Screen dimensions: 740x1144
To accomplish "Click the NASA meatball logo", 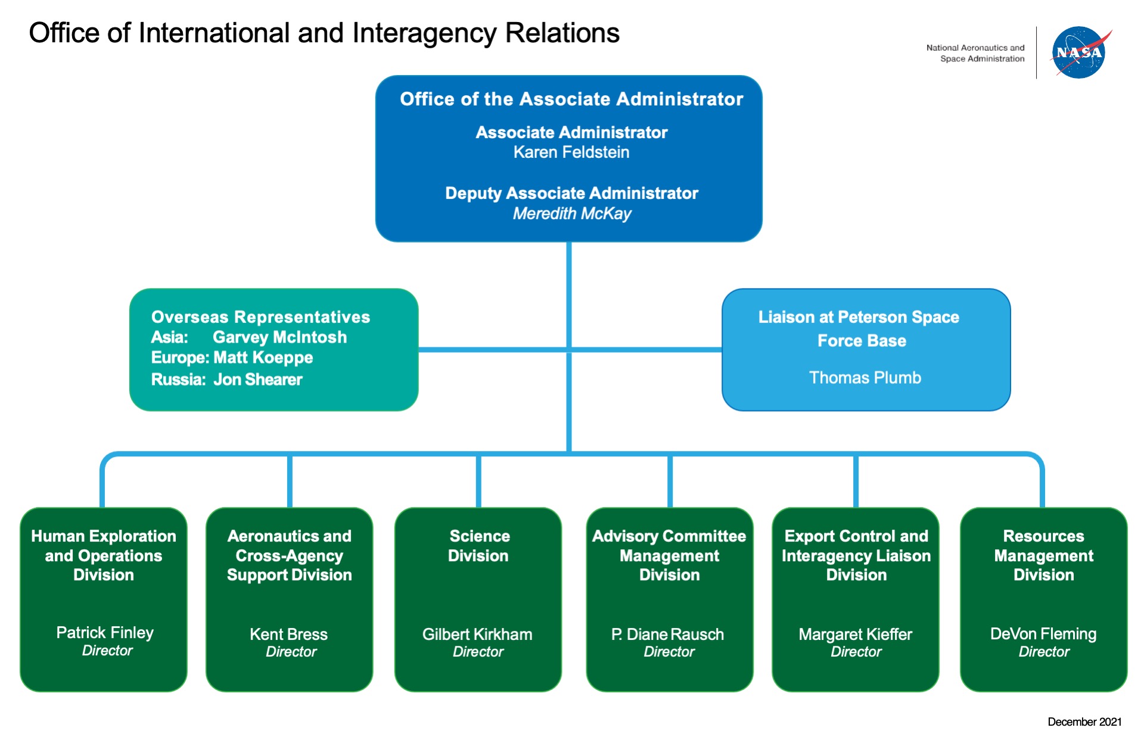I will [x=1078, y=52].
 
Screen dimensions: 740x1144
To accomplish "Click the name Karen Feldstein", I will [x=571, y=153].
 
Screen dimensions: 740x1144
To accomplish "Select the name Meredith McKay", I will [x=571, y=213].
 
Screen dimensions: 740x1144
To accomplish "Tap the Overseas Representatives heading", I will [x=260, y=317].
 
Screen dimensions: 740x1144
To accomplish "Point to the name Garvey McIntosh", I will [x=279, y=337].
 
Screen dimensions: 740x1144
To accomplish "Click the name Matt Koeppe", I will [x=263, y=357].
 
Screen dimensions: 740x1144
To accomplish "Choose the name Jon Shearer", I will [x=257, y=380].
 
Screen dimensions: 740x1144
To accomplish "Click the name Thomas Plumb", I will [x=865, y=378].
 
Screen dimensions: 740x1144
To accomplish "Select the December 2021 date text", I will [x=1084, y=722].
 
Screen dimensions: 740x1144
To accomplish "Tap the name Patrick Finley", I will [x=105, y=632].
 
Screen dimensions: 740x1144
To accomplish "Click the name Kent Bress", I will [x=288, y=634].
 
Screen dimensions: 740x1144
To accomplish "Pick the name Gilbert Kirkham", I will [x=477, y=634].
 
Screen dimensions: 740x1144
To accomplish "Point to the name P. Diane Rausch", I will [x=667, y=634].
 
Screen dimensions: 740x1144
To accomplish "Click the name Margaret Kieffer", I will [x=855, y=634].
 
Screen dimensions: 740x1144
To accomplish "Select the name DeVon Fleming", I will [x=1043, y=633].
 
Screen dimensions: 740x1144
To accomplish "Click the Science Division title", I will [x=478, y=546].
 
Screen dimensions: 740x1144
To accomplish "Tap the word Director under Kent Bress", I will [x=291, y=652].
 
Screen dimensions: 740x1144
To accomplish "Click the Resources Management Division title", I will [x=1043, y=555].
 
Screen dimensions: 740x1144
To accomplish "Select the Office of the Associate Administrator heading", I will [x=571, y=99].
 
